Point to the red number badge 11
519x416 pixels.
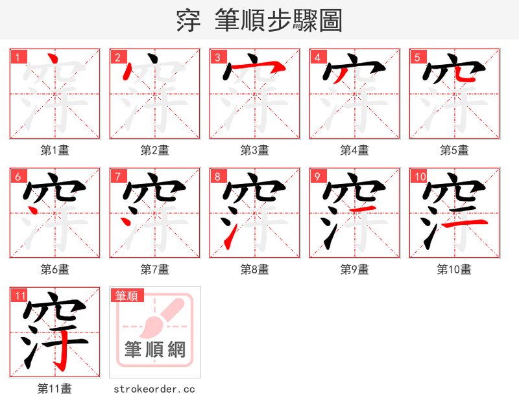point(20,296)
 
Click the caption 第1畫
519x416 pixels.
point(55,150)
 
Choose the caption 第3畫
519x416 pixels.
point(255,150)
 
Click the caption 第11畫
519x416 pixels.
point(55,389)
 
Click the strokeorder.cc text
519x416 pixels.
point(154,389)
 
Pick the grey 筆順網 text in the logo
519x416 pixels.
point(155,350)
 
